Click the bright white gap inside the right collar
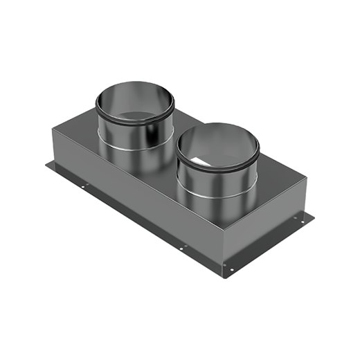[201, 162]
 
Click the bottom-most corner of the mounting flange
[229, 276]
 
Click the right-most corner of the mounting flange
[314, 216]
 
